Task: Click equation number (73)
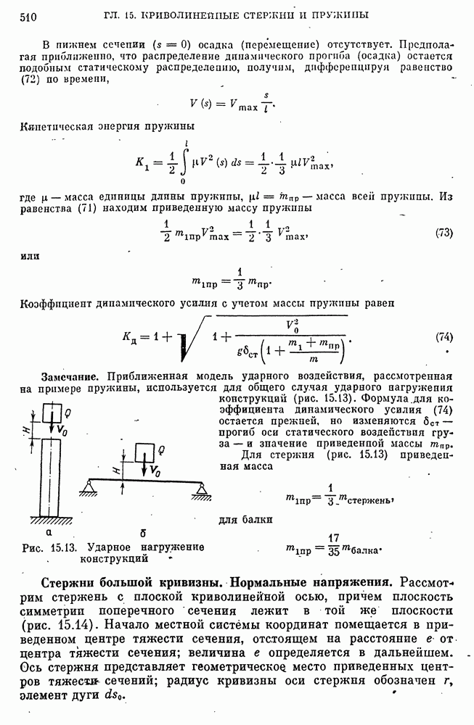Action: pyautogui.click(x=444, y=233)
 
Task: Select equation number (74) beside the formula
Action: pyautogui.click(x=444, y=337)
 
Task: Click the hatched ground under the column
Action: pyautogui.click(x=51, y=520)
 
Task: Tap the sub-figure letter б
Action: pyautogui.click(x=144, y=533)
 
